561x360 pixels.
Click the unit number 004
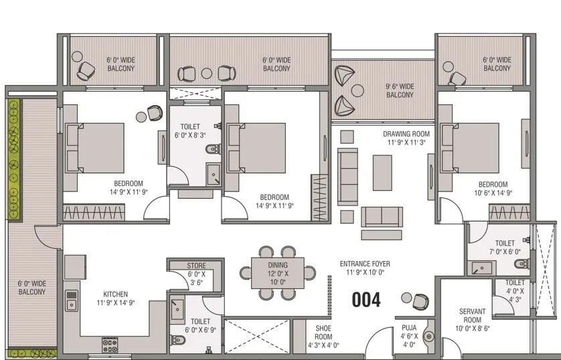[x=366, y=300]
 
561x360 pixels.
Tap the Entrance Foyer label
[x=365, y=268]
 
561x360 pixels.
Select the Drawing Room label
[x=406, y=138]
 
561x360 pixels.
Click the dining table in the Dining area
[x=277, y=273]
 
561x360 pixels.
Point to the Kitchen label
[x=115, y=298]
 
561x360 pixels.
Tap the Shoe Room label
[x=323, y=337]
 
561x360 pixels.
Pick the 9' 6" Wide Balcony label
[x=399, y=90]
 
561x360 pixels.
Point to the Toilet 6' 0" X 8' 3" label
[x=195, y=130]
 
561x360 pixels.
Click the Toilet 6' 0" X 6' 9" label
[x=200, y=326]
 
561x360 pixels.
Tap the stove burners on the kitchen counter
[x=109, y=345]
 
